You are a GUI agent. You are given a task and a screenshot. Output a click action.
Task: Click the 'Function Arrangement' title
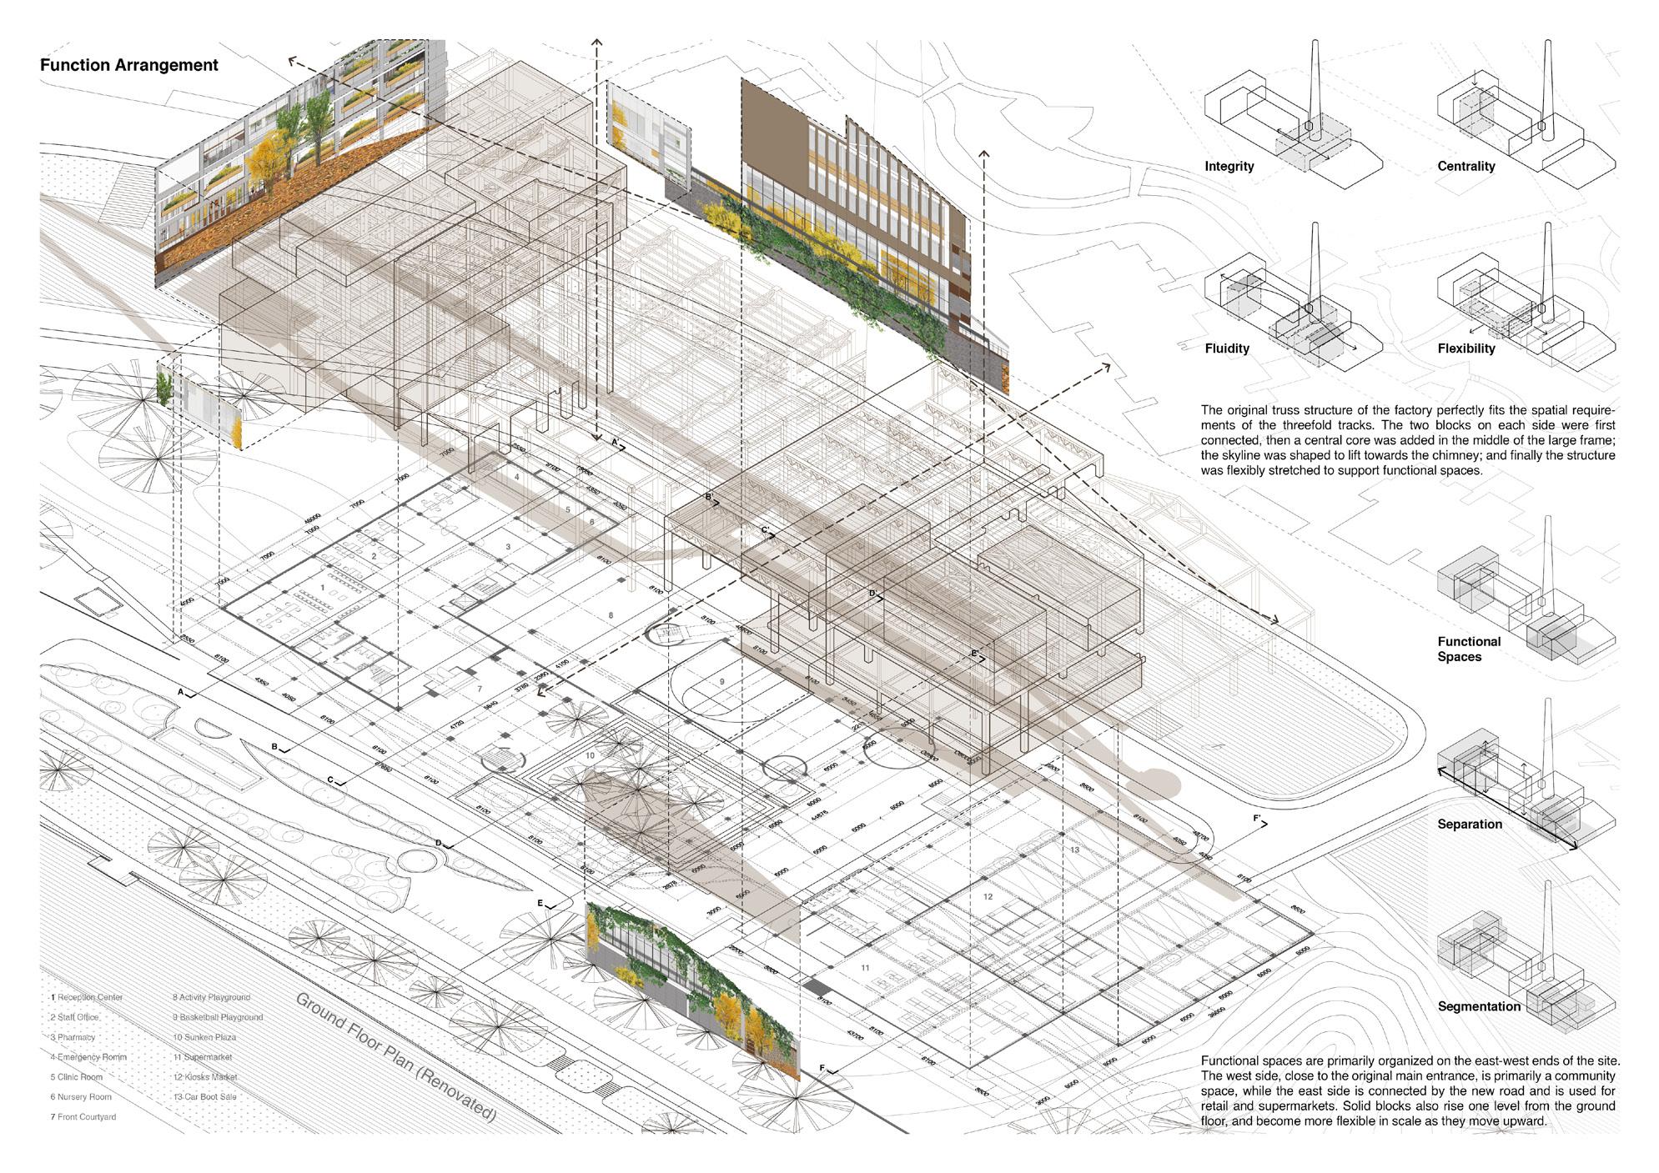129,65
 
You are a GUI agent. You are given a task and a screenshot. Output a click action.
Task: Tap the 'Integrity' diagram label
1229,167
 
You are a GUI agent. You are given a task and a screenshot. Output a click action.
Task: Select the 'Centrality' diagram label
1465,167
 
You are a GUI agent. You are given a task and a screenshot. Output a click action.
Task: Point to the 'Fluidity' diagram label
1226,348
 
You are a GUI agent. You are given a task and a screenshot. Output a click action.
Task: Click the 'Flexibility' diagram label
1465,348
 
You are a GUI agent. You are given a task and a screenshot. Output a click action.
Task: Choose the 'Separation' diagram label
1469,825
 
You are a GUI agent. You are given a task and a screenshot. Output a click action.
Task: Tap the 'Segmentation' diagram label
1479,1007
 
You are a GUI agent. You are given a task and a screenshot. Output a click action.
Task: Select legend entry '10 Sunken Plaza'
204,1037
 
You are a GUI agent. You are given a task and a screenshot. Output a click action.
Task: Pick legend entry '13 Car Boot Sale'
204,1097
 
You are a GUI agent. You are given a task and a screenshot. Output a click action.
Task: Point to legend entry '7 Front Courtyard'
83,1117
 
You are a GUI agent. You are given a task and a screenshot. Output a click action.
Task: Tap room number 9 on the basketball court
722,682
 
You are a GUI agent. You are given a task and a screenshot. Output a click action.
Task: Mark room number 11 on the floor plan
866,968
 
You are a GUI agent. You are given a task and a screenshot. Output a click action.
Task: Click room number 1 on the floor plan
323,588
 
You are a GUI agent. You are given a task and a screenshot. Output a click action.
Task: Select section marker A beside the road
180,692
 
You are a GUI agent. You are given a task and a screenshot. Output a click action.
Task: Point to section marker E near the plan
540,904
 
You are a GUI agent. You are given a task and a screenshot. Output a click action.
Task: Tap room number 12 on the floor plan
988,897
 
